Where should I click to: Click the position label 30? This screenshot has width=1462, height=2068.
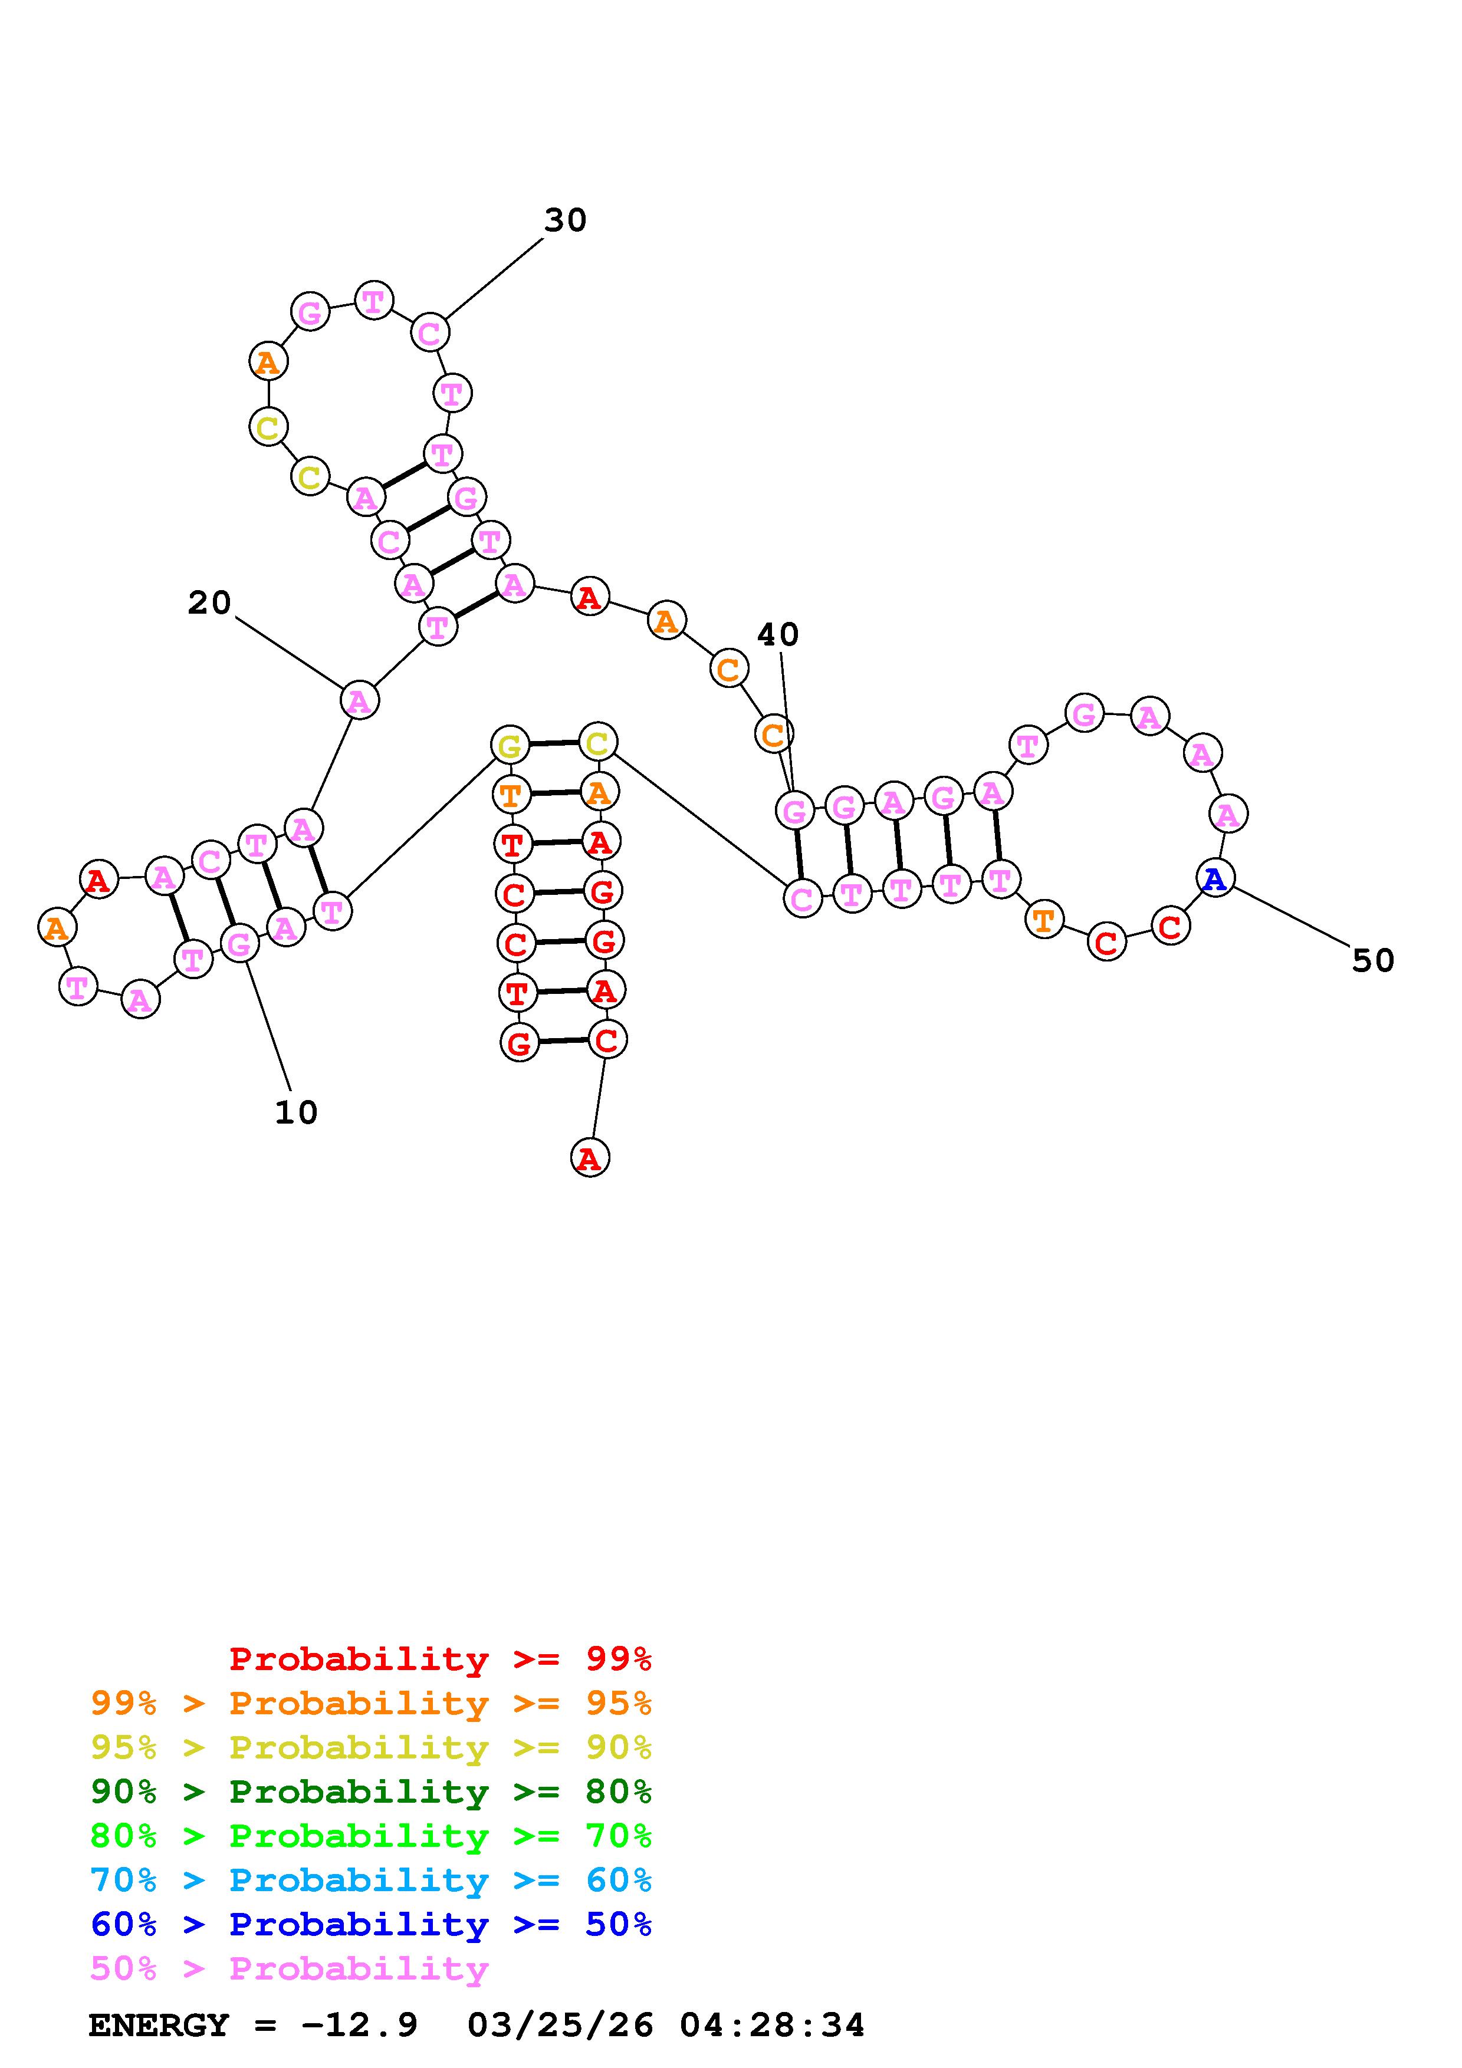pos(565,220)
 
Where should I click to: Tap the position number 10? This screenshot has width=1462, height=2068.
pos(295,1112)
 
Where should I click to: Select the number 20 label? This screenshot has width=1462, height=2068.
pos(209,602)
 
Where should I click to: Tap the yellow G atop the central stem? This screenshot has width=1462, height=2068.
pos(510,746)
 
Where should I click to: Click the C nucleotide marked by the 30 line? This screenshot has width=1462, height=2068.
pos(430,333)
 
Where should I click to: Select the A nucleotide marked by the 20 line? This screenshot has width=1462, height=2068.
pos(359,700)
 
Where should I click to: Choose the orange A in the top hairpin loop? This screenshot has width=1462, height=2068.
pos(268,363)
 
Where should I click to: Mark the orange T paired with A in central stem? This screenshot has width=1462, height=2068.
pos(511,795)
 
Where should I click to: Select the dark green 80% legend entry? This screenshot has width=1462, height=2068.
pos(370,1792)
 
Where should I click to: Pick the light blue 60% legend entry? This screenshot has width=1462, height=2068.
pos(370,1880)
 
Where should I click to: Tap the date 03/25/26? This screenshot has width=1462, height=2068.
pos(560,2025)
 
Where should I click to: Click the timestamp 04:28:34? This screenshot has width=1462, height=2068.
pos(772,2025)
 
